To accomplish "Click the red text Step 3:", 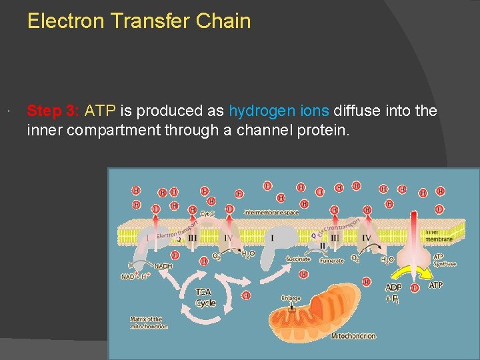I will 53,111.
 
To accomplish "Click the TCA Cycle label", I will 205,297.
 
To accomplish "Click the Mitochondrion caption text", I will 353,336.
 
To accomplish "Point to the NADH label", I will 163,265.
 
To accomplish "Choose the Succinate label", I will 298,259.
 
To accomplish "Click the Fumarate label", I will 331,260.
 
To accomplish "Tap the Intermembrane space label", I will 272,212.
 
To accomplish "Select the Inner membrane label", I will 439,235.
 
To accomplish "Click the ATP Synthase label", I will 445,260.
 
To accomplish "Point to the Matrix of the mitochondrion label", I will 149,323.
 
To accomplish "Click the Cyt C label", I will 208,213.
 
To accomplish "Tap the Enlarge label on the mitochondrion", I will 291,298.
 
